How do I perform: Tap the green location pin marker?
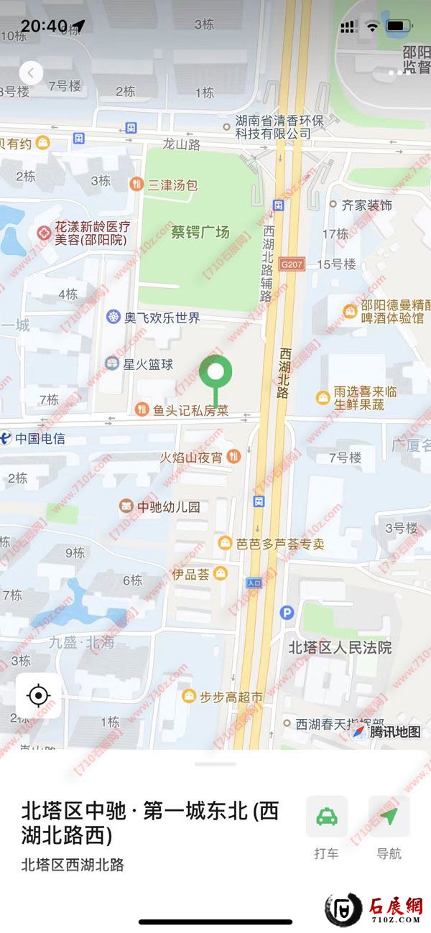tap(215, 373)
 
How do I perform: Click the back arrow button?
tap(31, 73)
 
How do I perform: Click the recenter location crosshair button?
tap(38, 696)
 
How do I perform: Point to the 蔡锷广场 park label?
tap(200, 232)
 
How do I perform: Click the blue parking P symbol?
tap(287, 613)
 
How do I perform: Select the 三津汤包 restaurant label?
tap(172, 185)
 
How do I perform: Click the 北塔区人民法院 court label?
tap(340, 647)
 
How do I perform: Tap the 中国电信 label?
tap(40, 438)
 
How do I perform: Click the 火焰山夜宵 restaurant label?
tap(191, 457)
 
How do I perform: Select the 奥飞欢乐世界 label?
tap(162, 317)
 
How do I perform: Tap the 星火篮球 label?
tap(147, 364)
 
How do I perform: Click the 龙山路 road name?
tap(181, 144)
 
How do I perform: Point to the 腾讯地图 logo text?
tap(394, 732)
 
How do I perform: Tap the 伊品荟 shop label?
tap(190, 573)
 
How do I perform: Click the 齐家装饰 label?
tap(366, 205)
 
